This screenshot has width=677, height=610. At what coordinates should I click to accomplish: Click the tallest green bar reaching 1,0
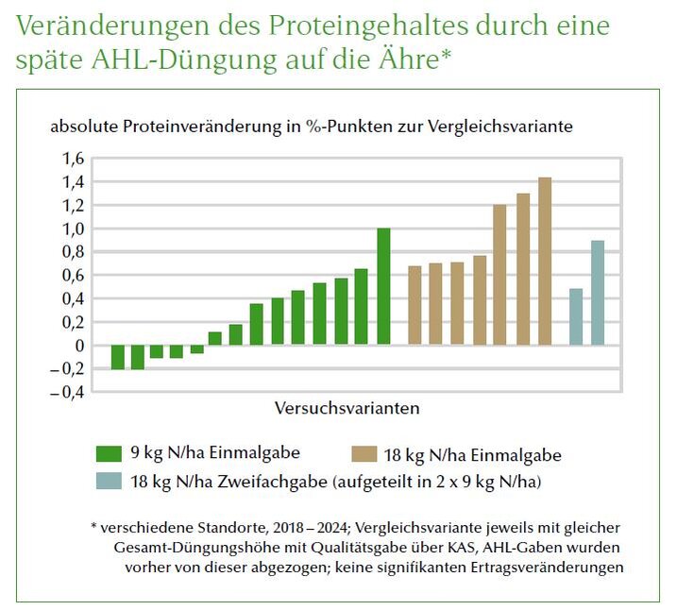click(383, 286)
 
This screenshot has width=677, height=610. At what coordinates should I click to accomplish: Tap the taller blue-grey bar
click(598, 293)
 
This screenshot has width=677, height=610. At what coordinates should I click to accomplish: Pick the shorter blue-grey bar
click(576, 316)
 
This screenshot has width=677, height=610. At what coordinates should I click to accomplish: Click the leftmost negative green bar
click(118, 357)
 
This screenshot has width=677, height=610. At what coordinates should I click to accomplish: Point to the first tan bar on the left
click(415, 305)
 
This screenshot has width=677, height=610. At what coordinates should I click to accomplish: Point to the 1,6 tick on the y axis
click(74, 158)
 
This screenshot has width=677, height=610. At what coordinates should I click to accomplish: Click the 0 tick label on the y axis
click(79, 346)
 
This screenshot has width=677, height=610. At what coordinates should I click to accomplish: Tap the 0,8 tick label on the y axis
click(74, 251)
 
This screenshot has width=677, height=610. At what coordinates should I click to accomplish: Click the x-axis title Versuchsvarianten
click(347, 409)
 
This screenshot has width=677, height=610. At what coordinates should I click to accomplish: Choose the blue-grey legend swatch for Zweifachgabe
click(110, 481)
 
